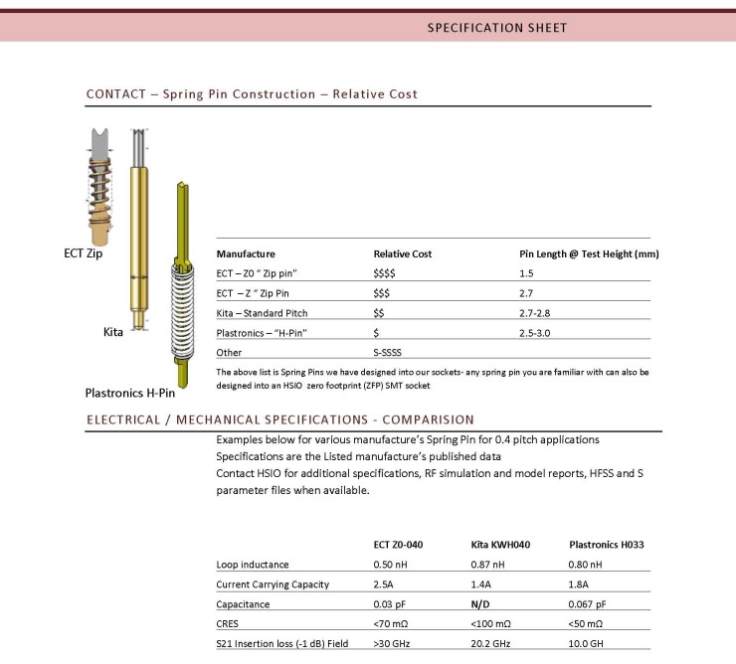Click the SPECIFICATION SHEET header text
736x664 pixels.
[497, 28]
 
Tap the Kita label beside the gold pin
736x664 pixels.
[113, 331]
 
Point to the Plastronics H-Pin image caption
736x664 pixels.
[136, 393]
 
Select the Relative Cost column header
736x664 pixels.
[402, 253]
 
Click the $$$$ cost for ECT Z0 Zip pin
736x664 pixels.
[385, 273]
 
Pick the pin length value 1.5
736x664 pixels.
[527, 273]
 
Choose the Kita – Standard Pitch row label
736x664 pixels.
[262, 313]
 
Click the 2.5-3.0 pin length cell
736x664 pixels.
[538, 333]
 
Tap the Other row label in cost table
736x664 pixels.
[229, 353]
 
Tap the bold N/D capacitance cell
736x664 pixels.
[480, 604]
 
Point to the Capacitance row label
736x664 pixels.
[243, 604]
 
